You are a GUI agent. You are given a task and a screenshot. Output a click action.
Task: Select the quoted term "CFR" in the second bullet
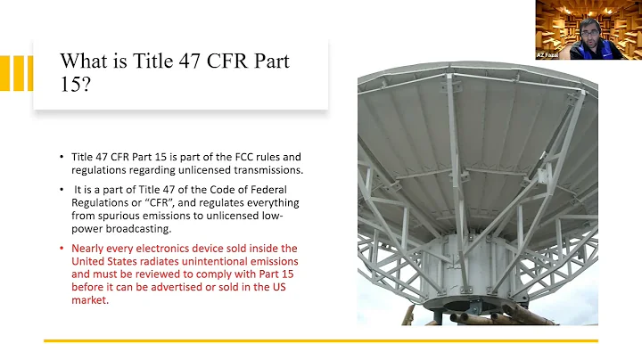(157, 203)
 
